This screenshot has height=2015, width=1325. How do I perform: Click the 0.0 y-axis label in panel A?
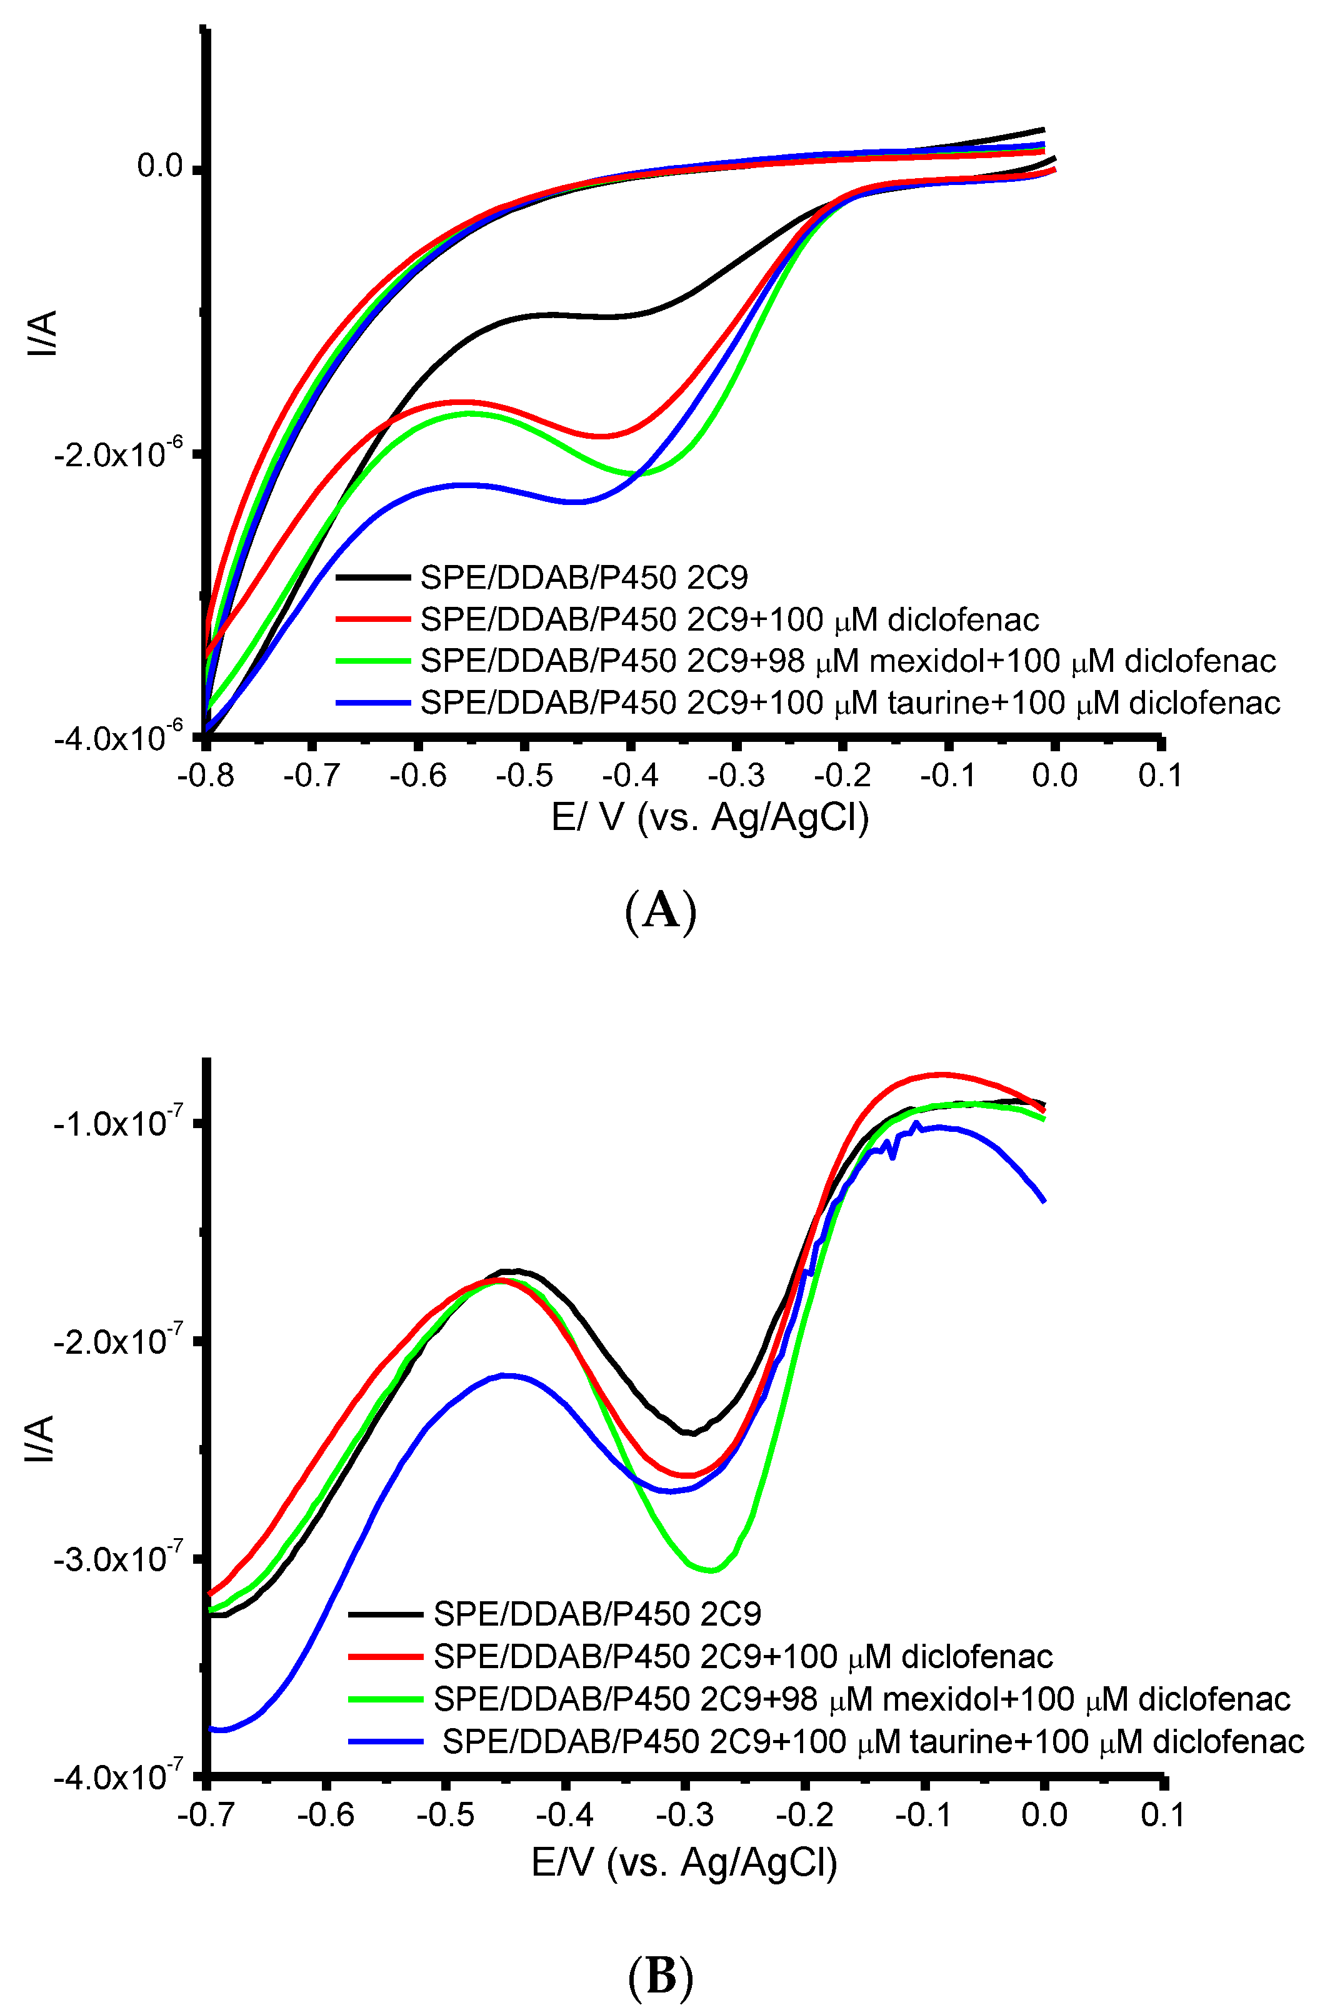[160, 166]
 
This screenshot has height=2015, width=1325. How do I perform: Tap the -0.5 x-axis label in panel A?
[525, 774]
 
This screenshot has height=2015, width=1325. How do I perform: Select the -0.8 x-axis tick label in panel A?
[206, 774]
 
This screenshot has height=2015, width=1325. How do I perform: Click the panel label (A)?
[661, 912]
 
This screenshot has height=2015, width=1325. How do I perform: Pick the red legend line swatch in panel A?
[372, 619]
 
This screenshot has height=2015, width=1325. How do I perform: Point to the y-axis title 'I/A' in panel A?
[43, 332]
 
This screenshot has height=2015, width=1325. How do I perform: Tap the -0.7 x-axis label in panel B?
[206, 1814]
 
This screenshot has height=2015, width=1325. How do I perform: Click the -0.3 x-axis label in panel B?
[686, 1814]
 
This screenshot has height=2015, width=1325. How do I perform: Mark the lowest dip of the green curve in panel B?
[711, 1571]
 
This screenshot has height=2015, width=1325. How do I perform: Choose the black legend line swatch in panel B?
[385, 1614]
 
